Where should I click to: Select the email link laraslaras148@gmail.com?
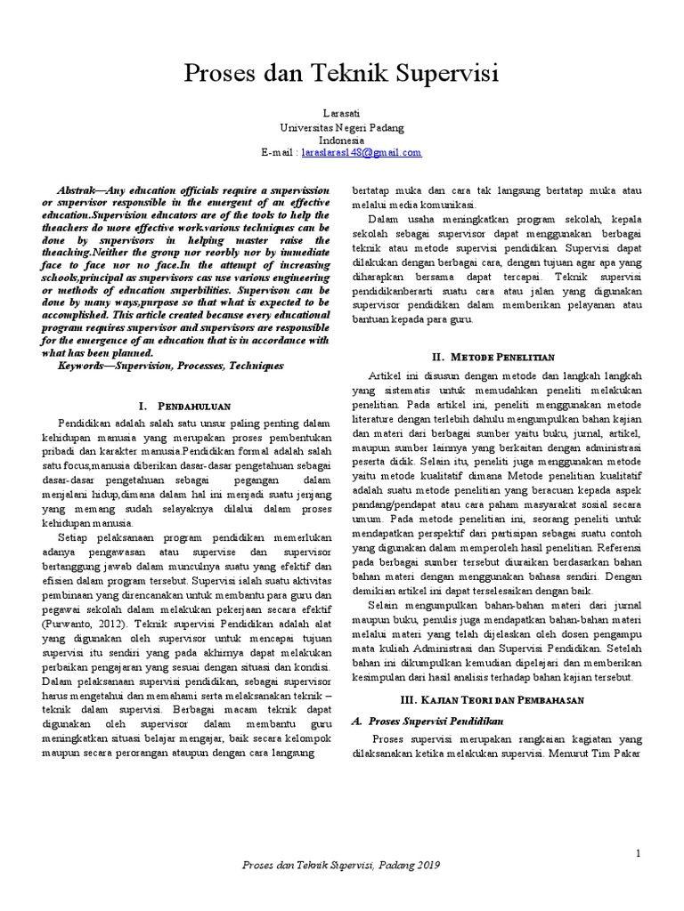click(362, 152)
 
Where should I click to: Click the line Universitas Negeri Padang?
click(341, 128)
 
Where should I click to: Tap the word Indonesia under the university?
click(341, 141)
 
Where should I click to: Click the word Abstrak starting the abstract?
click(78, 191)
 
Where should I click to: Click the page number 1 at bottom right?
click(639, 854)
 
